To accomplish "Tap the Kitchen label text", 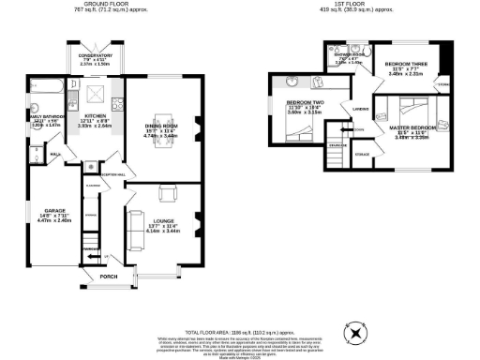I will pos(95,117).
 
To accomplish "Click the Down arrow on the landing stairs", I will pos(359,130).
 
